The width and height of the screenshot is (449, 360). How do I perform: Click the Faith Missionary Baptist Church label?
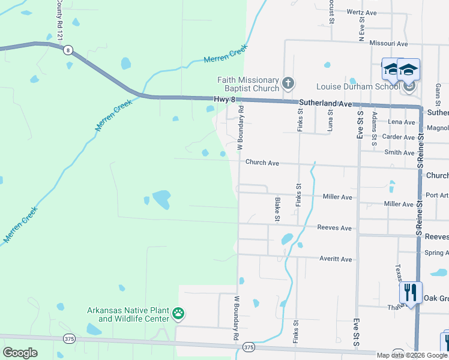coord(249,85)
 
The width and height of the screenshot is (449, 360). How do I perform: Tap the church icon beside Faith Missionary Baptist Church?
coord(288,83)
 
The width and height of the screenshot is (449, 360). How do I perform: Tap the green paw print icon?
coord(178,313)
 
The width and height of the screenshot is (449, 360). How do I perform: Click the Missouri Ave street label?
coord(388,44)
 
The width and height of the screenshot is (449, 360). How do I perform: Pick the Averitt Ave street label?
coord(337,259)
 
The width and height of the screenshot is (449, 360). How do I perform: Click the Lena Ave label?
coord(402,122)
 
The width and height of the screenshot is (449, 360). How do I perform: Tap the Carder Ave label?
coord(399,137)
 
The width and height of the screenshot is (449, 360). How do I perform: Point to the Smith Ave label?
coord(399,152)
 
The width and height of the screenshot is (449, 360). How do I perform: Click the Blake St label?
coord(277,209)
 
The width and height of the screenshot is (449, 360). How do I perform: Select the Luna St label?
coord(330,120)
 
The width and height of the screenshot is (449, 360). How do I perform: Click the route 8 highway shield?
coord(68,50)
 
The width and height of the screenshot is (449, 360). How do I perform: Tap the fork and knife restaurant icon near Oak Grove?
coord(411,293)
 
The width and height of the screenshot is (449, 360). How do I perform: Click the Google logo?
coord(20,353)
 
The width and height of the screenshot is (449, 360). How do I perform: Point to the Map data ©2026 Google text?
coord(412,355)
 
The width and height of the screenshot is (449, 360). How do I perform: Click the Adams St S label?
coord(374,128)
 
